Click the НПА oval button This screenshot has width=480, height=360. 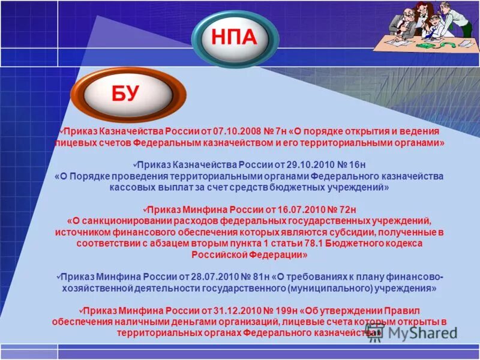(x=235, y=38)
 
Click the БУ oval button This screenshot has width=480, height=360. (x=125, y=93)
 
